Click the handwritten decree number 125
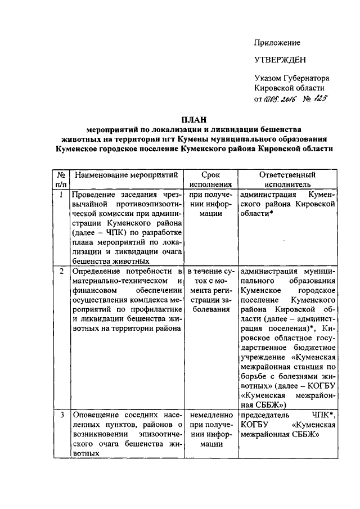point(321,100)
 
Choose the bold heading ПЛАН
point(193,119)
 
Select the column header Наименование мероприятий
point(126,175)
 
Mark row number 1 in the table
point(61,195)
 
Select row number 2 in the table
point(61,272)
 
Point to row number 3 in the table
point(61,415)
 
